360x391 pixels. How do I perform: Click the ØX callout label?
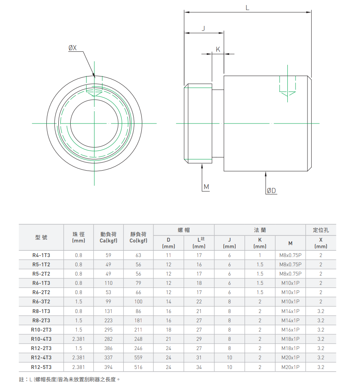72,47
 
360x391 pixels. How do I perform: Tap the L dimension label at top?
247,8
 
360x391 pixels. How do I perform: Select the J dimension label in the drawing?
203,28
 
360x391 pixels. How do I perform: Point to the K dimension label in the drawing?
218,49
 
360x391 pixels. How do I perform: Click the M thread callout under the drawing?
206,187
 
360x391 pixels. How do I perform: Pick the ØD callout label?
272,191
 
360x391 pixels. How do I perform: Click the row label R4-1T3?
41,256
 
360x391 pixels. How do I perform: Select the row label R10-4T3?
41,339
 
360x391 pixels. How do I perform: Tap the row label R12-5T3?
41,367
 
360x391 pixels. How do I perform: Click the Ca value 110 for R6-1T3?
109,283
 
